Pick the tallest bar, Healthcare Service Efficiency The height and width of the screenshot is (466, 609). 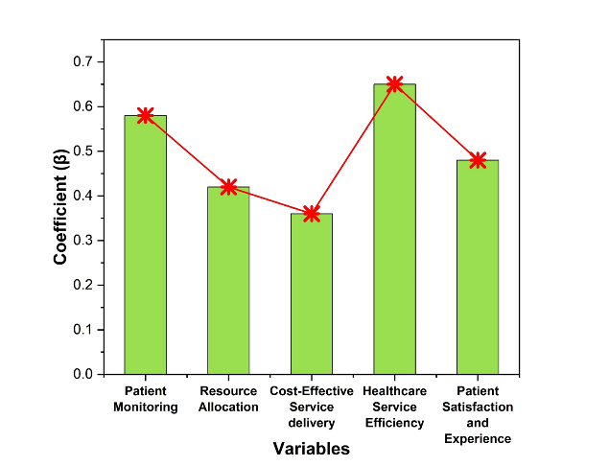[394, 229]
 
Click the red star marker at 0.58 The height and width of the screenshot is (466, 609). [145, 115]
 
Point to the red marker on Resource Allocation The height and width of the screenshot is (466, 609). [228, 187]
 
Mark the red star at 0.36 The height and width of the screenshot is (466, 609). [312, 214]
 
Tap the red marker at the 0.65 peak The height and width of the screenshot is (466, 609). [394, 84]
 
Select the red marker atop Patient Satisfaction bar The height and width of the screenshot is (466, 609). [478, 160]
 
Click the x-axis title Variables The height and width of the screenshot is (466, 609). [311, 449]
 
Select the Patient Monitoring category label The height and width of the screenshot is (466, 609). [145, 399]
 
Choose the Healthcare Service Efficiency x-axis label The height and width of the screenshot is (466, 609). [394, 407]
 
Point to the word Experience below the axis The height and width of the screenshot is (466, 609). [478, 438]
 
